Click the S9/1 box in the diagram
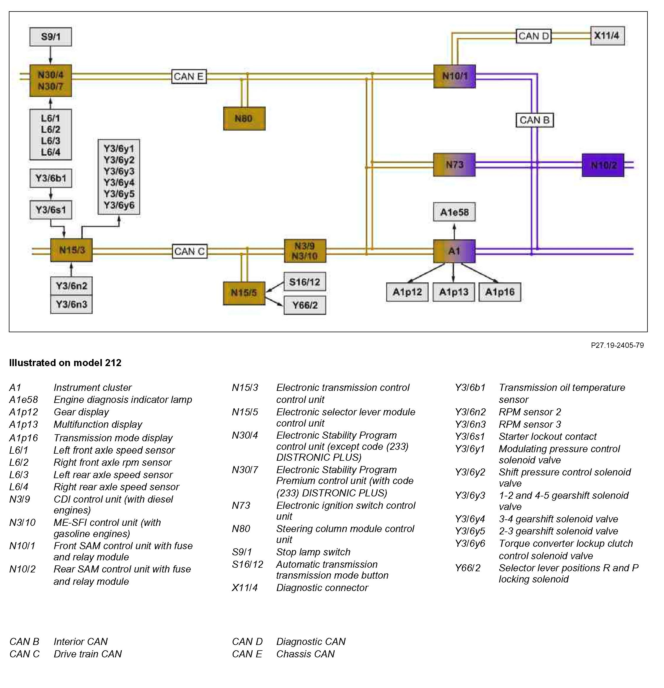click(50, 37)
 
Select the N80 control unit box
click(244, 118)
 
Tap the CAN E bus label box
click(189, 77)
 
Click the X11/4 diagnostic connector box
click(607, 36)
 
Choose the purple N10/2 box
click(603, 165)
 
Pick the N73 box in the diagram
click(454, 164)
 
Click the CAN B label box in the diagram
click(534, 120)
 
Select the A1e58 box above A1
click(454, 212)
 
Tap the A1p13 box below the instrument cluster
click(453, 292)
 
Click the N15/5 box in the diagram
click(244, 293)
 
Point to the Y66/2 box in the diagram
click(305, 305)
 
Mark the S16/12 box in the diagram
click(305, 282)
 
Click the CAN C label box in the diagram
click(190, 251)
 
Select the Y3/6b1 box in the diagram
click(50, 178)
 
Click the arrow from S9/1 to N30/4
click(50, 55)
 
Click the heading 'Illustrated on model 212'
click(65, 363)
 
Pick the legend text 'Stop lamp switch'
click(313, 552)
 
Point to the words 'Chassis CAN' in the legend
click(305, 654)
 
